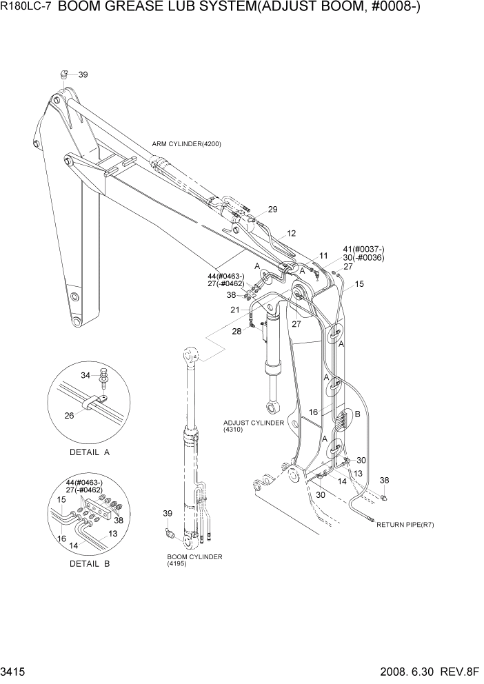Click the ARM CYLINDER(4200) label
(186, 143)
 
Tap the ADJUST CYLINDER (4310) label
(253, 426)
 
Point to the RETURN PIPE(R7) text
(405, 525)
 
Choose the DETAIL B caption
(90, 563)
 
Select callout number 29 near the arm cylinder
(272, 209)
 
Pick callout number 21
(235, 310)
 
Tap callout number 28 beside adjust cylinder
(236, 331)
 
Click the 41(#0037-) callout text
(363, 249)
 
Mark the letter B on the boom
(356, 414)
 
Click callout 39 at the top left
(83, 74)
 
